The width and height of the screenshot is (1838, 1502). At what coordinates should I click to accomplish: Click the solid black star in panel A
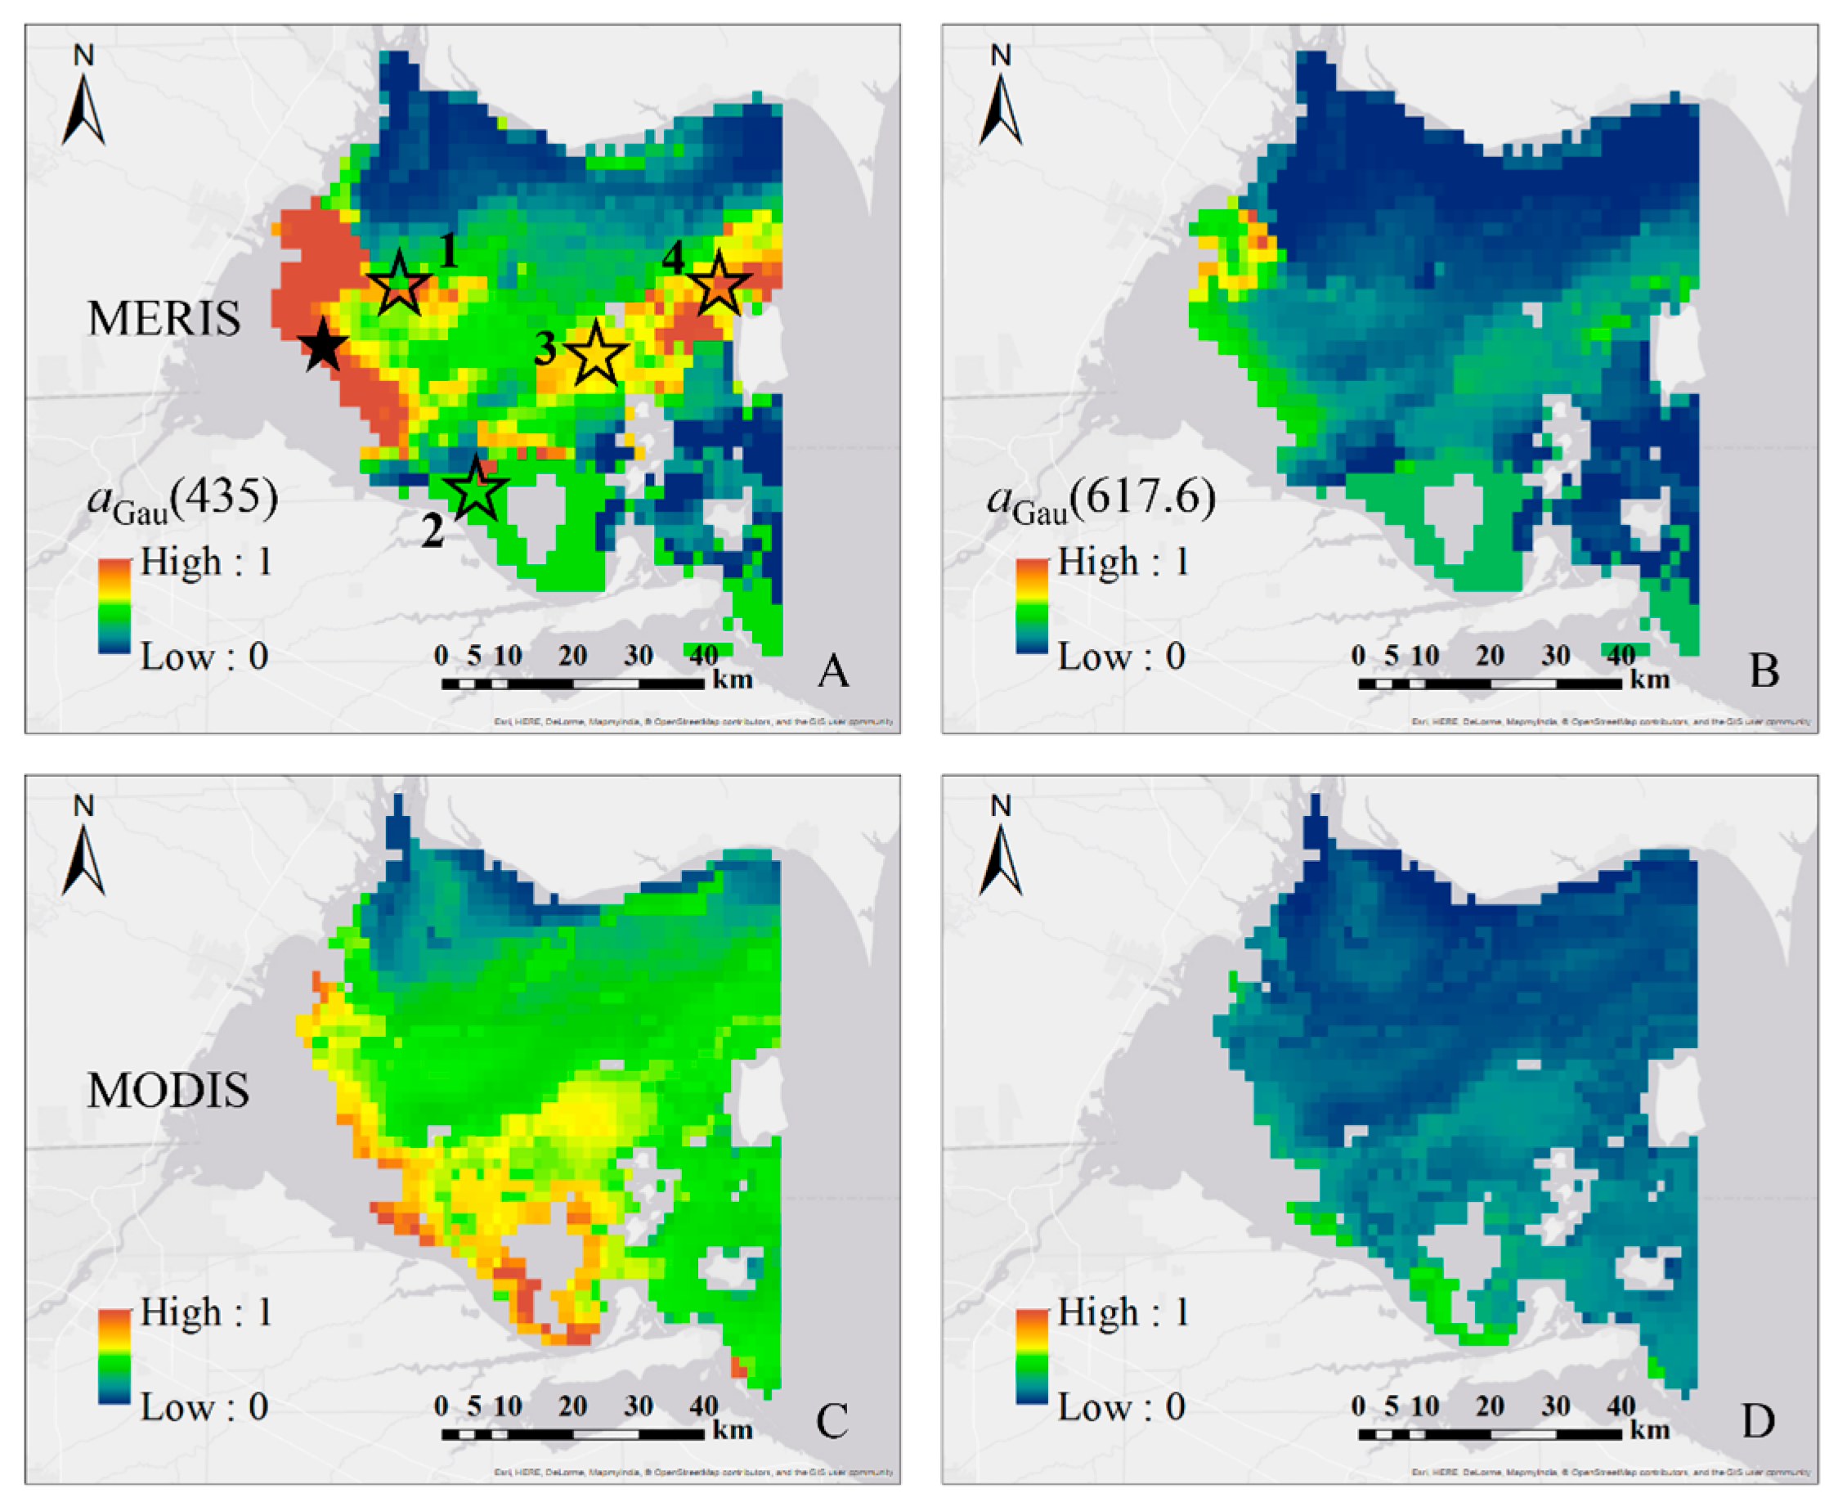(x=324, y=345)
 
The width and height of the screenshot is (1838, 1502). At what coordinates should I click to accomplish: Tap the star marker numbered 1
(x=400, y=285)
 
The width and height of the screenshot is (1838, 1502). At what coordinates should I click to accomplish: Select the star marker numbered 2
(x=476, y=490)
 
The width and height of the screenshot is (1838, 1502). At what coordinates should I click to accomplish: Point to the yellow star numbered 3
(x=595, y=355)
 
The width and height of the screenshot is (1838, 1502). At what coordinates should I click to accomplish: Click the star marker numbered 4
(x=719, y=285)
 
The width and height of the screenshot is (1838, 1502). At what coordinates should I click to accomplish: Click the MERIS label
(x=164, y=318)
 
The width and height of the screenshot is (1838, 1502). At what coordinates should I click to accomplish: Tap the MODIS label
(x=168, y=1090)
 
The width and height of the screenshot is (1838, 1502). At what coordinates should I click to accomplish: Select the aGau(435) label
(x=183, y=501)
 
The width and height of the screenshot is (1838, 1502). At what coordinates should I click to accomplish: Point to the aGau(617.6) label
(x=1101, y=501)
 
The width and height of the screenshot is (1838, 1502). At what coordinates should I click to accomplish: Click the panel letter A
(x=833, y=670)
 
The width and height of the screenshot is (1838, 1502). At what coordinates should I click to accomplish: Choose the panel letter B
(x=1764, y=670)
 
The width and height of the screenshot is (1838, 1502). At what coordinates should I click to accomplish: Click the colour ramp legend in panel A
(x=114, y=606)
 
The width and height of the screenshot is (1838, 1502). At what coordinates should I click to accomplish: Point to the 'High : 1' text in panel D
(x=1123, y=1312)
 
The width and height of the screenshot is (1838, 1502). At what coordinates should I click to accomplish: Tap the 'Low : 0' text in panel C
(x=204, y=1408)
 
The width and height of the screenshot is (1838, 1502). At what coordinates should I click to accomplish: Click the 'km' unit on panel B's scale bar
(x=1649, y=680)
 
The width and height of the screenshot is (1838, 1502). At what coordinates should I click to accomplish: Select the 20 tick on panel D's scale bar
(x=1490, y=1407)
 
